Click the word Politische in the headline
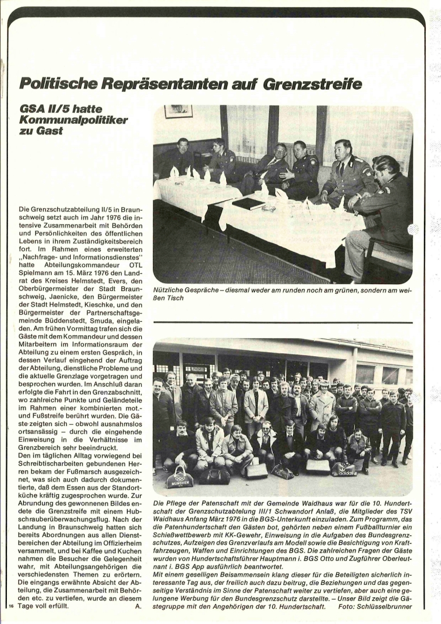pyautogui.click(x=60, y=83)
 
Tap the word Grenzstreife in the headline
pyautogui.click(x=312, y=83)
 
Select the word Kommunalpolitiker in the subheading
pyautogui.click(x=74, y=120)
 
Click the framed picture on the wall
pyautogui.click(x=178, y=111)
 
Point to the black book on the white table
pyautogui.click(x=248, y=203)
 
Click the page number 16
pyautogui.click(x=11, y=606)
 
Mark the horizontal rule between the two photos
pyautogui.click(x=283, y=322)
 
